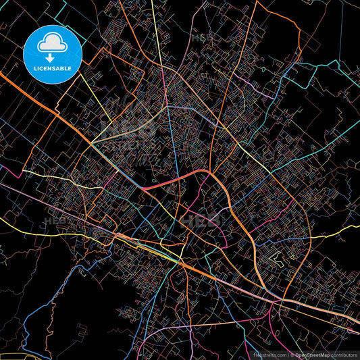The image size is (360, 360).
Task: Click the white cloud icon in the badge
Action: click(53, 42)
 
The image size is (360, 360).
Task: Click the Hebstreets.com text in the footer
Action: click(269, 354)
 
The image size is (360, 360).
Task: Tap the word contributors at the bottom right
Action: click(345, 354)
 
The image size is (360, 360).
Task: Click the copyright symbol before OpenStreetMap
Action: click(291, 354)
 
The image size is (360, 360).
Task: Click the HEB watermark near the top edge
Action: click(201, 38)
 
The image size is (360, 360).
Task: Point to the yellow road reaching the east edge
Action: click(338, 230)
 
